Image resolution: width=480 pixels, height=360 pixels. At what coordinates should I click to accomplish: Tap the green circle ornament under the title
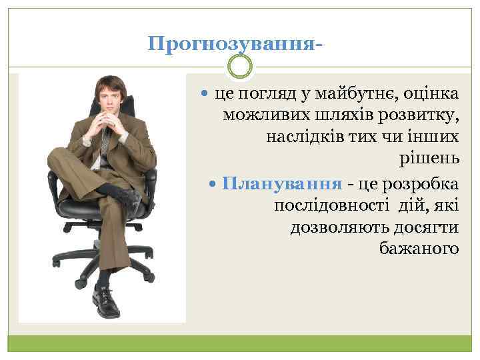[239, 67]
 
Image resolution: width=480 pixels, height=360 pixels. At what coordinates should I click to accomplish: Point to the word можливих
[261, 117]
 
